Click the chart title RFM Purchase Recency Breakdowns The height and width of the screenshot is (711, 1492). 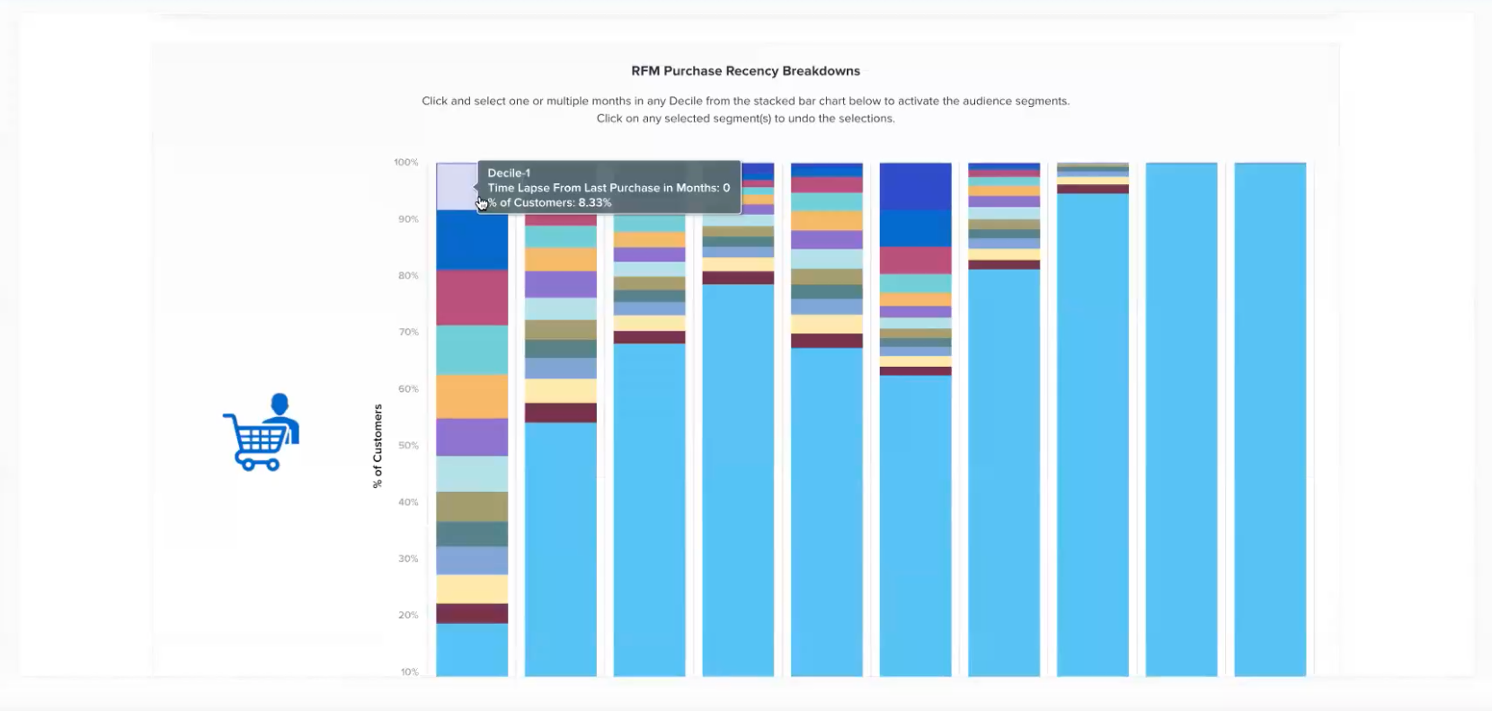click(x=745, y=71)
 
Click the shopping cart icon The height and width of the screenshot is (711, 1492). click(x=261, y=432)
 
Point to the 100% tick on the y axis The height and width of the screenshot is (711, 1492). click(x=406, y=163)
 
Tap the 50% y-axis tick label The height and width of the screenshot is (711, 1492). click(x=408, y=446)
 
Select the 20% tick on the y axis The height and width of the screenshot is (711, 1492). click(x=408, y=616)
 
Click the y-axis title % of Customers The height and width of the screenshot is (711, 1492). click(x=377, y=446)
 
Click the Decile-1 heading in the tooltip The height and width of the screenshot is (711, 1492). click(x=509, y=173)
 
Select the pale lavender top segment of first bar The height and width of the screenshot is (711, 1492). click(x=456, y=186)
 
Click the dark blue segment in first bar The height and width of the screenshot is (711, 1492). click(x=472, y=240)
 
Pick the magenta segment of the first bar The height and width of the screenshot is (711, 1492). click(x=472, y=298)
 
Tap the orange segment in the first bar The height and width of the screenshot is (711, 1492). click(x=472, y=396)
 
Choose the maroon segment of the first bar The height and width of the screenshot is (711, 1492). click(x=472, y=614)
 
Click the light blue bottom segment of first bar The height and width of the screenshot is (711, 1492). click(x=472, y=650)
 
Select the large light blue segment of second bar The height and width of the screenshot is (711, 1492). click(x=561, y=548)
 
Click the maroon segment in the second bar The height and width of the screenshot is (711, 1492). click(x=561, y=413)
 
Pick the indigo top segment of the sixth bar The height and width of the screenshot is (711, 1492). click(x=915, y=186)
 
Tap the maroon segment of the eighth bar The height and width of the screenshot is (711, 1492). click(x=1092, y=189)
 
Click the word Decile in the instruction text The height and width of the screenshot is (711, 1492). click(x=686, y=102)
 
